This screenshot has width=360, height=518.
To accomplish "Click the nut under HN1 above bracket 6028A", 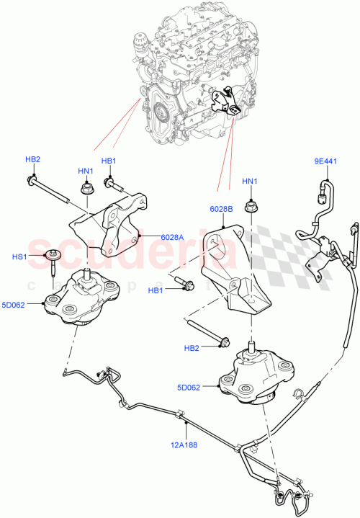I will (x=85, y=190).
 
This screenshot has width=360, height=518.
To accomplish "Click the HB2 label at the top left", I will (x=33, y=159).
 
